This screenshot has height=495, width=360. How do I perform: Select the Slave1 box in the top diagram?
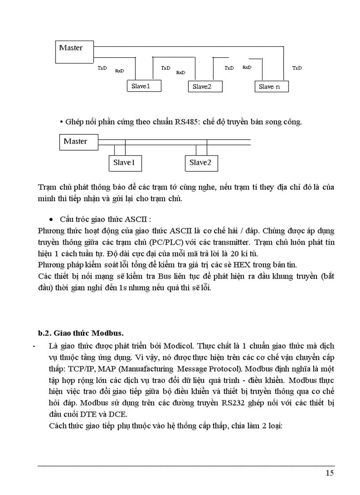(144, 86)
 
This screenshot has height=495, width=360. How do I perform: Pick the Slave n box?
(272, 86)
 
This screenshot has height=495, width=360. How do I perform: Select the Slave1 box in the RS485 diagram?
(124, 163)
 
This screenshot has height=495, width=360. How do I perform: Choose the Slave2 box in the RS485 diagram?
(201, 163)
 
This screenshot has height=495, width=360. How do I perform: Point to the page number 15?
(330, 474)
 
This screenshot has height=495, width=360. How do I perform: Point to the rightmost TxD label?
(297, 68)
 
